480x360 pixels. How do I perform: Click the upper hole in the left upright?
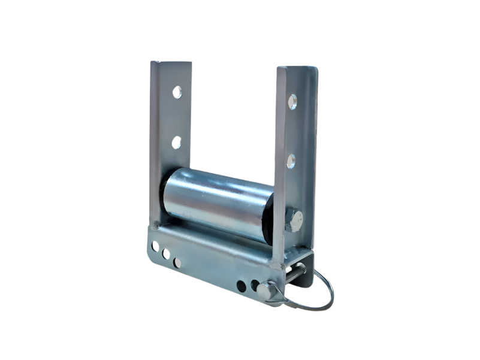coord(177,92)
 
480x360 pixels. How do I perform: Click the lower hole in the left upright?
coord(177,142)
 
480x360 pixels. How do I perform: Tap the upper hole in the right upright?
coord(292,101)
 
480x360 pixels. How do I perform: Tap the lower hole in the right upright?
coord(291,160)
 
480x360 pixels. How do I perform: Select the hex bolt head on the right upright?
coord(294,220)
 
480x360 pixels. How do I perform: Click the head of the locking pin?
coord(265,292)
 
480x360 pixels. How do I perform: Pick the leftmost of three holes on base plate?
coord(155,246)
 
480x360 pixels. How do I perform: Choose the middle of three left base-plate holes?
coord(166,254)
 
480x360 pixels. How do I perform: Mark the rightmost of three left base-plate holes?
coord(177,262)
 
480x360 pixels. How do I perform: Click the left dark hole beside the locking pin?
coord(241,286)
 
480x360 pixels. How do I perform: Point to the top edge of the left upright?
coord(171,62)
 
